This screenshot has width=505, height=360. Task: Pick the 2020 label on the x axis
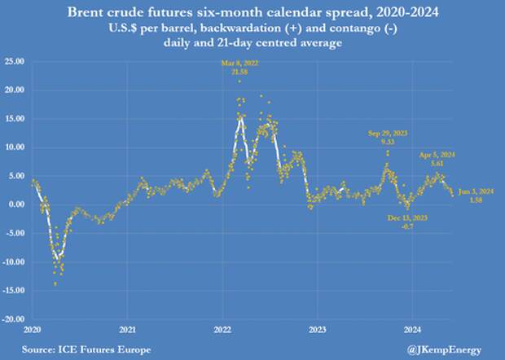click(32, 330)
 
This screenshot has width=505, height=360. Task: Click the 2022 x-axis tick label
click(222, 330)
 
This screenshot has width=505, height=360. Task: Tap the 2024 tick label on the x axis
click(413, 330)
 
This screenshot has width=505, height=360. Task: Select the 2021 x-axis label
click(127, 330)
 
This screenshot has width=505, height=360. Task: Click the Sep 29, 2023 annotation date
click(388, 132)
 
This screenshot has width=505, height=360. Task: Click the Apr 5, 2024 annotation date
click(437, 154)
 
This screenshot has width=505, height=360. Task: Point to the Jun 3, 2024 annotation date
click(476, 192)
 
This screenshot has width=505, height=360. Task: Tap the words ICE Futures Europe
click(90, 348)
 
